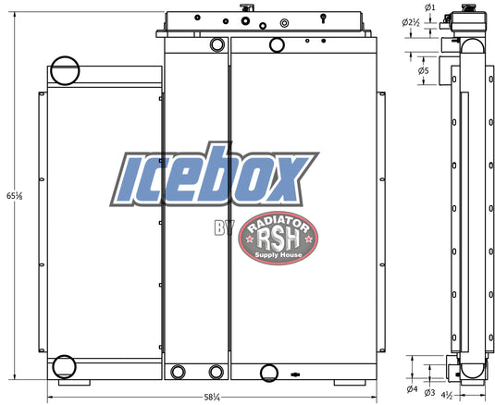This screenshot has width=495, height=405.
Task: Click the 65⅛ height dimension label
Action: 15,196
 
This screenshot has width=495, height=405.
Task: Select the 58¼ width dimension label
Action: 212,397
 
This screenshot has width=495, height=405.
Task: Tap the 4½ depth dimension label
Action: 447,395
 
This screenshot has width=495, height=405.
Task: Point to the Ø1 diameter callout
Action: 429,7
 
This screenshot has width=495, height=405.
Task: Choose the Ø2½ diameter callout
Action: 411,22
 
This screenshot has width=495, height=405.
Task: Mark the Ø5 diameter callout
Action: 424,70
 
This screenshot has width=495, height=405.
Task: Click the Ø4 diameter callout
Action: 412,389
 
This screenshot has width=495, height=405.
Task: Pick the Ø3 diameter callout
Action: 429,392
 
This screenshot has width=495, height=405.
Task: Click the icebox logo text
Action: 214,175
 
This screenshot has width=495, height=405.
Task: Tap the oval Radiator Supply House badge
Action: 278,239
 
